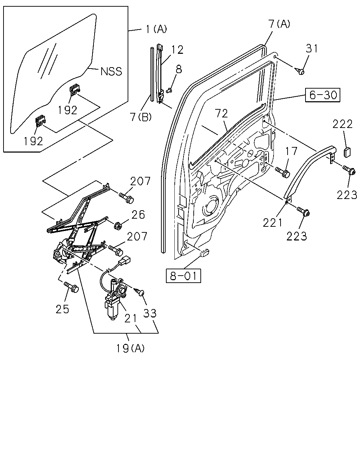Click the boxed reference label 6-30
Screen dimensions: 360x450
pos(322,95)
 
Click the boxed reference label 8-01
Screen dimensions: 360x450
pos(184,276)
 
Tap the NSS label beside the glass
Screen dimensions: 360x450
pos(111,71)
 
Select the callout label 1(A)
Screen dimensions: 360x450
pos(156,29)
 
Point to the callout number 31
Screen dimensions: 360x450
pos(312,49)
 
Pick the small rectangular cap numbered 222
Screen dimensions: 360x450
pos(347,152)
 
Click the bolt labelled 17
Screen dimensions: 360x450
pos(282,172)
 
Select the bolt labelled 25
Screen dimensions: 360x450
pos(71,287)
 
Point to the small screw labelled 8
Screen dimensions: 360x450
pos(169,90)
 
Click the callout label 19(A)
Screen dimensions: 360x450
pos(130,348)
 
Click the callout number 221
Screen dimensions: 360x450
pos(272,223)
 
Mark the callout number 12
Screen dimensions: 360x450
pos(177,50)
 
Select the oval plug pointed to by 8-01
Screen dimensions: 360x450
pos(204,253)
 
